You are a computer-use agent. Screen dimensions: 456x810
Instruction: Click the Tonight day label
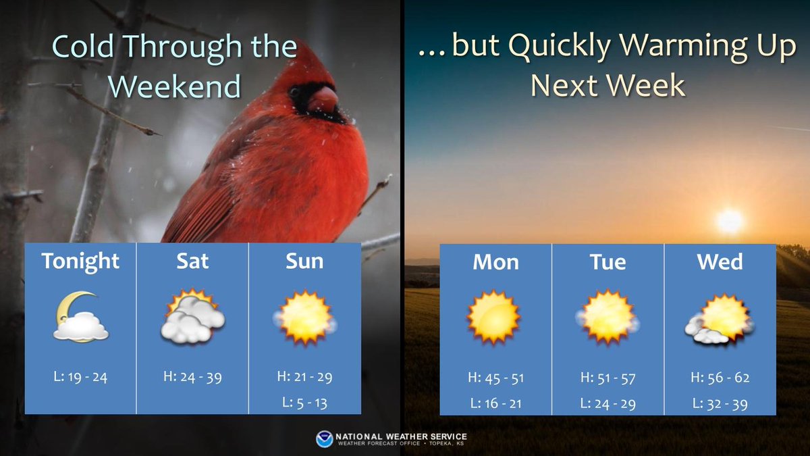[80, 261]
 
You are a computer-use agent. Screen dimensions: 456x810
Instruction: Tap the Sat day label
[192, 261]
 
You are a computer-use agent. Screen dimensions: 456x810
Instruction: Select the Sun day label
[304, 261]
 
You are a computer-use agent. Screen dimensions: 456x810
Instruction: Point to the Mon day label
[495, 261]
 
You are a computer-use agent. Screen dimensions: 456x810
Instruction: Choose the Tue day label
[607, 261]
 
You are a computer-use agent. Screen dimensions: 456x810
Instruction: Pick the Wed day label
[720, 261]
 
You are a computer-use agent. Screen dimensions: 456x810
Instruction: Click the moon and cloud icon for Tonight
[80, 317]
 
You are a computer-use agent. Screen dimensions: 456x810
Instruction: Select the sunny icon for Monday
[494, 317]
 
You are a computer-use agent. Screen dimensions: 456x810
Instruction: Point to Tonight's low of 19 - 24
[80, 377]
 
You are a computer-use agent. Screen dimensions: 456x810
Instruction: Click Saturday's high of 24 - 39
[192, 377]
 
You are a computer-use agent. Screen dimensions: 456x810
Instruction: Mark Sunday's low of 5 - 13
[304, 403]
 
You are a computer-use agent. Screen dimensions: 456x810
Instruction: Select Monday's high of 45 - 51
[495, 378]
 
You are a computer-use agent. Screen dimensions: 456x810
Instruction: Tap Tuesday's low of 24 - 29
[607, 404]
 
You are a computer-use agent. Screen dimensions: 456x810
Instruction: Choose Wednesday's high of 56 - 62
[720, 378]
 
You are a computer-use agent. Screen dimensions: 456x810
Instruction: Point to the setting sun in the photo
[729, 220]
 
